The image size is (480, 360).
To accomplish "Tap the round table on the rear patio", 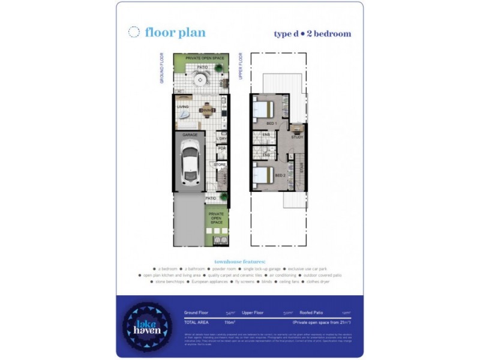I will coord(200,80).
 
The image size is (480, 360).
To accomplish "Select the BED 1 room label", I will coord(271,123).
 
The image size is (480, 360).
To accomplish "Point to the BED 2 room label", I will coord(279,175).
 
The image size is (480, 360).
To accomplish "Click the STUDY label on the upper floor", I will coord(297,137).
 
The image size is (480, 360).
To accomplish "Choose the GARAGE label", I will coord(190,135).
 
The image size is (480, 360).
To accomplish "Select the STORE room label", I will coord(220,164).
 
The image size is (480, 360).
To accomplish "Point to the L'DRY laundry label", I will coord(221,139).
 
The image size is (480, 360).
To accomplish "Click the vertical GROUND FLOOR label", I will coord(162,68).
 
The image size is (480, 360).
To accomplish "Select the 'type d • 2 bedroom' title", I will coord(312,34).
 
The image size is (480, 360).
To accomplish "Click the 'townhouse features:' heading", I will coord(239,262).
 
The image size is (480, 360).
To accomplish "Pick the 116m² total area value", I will coord(229,322).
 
